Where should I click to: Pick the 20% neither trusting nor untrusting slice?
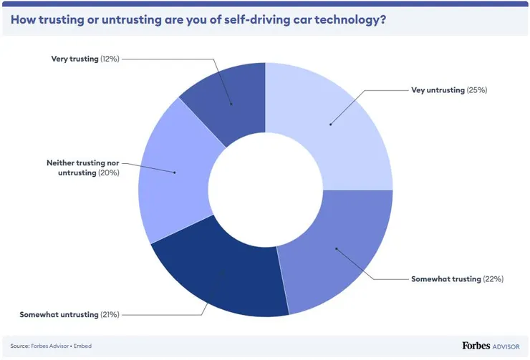(x=172, y=172)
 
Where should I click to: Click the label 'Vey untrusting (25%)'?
(x=449, y=90)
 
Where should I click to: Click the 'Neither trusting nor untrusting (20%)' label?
(x=77, y=168)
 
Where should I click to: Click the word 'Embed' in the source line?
(x=81, y=346)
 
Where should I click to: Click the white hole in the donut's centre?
(x=265, y=190)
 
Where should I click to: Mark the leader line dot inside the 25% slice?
(x=330, y=125)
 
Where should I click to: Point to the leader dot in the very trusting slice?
(x=231, y=104)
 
